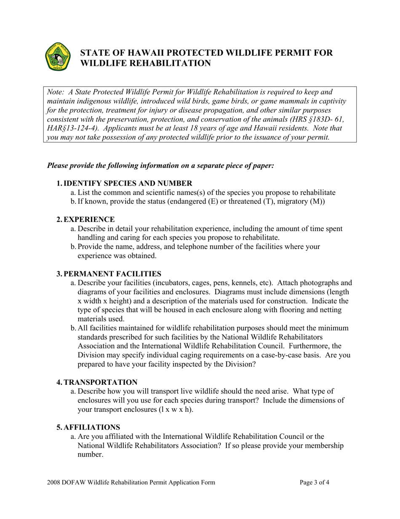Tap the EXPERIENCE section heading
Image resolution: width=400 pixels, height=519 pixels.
coord(88,219)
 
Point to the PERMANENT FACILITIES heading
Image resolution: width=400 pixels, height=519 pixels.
coord(112,274)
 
